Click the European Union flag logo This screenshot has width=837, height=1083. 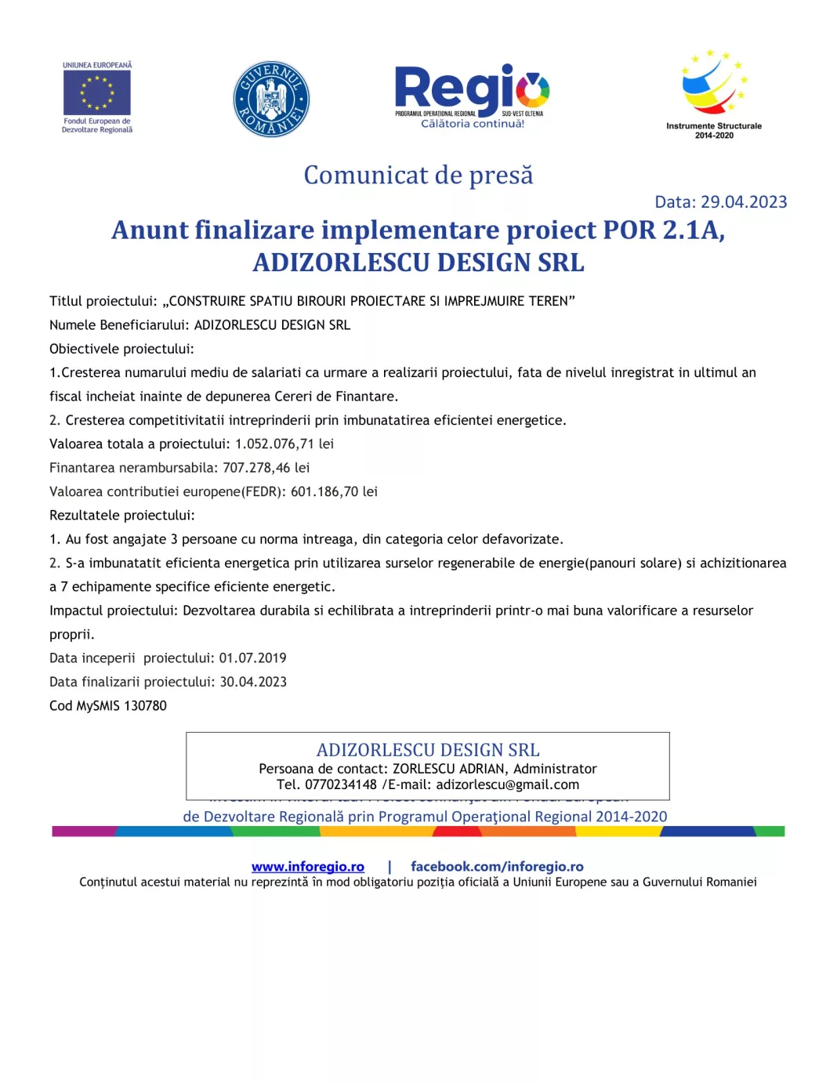tap(97, 93)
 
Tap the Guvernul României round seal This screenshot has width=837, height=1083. tap(271, 100)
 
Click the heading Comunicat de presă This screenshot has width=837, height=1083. tap(418, 175)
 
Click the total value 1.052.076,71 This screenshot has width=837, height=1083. tap(274, 444)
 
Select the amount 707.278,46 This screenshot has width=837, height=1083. tap(256, 468)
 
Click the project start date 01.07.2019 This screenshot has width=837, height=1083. tap(252, 658)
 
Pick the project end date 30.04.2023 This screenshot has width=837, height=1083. tap(253, 682)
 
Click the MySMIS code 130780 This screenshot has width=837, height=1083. tap(145, 705)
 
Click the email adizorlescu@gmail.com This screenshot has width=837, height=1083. tap(507, 784)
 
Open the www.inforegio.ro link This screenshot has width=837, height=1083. tap(307, 866)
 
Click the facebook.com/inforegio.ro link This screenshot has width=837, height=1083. tap(497, 866)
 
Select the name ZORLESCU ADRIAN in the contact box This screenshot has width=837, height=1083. tap(448, 769)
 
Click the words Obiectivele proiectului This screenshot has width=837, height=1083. tap(121, 349)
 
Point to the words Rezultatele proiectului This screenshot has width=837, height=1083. tap(121, 515)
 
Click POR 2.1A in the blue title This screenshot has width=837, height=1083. tap(663, 230)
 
